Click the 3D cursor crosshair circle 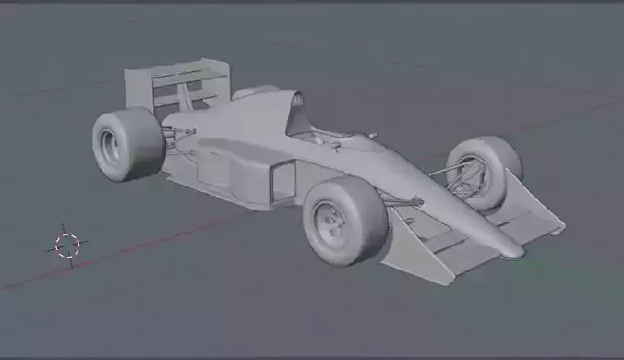(x=67, y=245)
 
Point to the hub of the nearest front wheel (x=328, y=223)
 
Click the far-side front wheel (x=486, y=171)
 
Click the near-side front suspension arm (x=397, y=200)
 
